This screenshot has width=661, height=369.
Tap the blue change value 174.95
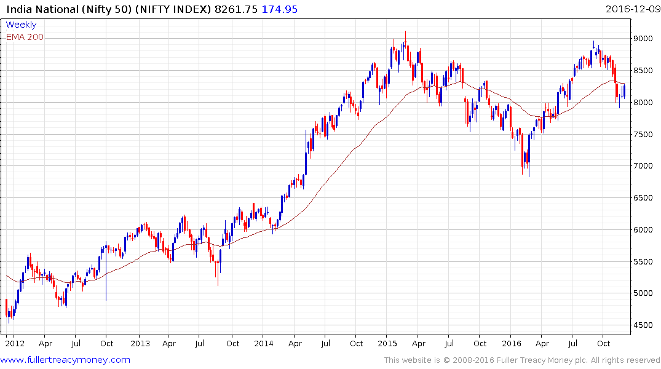[282, 9]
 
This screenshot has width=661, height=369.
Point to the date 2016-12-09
[631, 9]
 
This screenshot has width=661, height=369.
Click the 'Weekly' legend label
[21, 25]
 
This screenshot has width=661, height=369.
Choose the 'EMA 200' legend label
[25, 37]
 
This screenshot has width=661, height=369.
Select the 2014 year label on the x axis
[264, 344]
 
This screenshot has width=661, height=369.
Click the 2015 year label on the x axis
[387, 344]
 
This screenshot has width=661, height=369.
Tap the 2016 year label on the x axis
[511, 344]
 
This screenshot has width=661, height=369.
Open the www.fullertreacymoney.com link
[66, 360]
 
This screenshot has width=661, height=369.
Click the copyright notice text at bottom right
[522, 360]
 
